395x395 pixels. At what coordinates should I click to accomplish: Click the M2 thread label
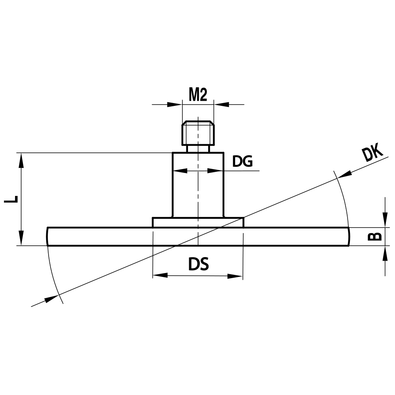[x=198, y=95]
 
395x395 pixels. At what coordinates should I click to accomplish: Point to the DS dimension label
[x=198, y=264]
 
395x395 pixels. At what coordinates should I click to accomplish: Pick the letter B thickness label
[x=375, y=236]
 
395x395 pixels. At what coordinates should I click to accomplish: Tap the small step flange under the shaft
[x=198, y=222]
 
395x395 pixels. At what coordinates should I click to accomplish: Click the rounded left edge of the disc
[x=48, y=237]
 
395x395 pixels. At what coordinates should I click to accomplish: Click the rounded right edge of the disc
[x=348, y=237]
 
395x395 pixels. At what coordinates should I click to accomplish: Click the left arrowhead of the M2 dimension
[x=175, y=105]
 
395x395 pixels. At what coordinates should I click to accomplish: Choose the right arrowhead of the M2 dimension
[x=221, y=105]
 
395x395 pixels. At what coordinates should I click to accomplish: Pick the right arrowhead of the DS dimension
[x=235, y=276]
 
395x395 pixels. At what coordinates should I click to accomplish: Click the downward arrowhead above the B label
[x=385, y=222]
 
